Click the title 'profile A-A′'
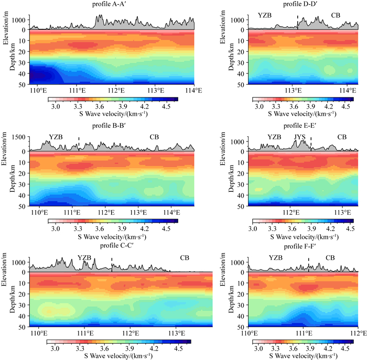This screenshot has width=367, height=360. (x=112, y=5)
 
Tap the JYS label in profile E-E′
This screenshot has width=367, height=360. (x=299, y=137)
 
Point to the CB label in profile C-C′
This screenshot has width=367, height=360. (x=185, y=258)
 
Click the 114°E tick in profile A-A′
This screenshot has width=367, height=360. (x=187, y=89)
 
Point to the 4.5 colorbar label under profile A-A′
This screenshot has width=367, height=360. (x=169, y=105)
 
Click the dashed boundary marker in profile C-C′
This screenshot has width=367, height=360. (x=112, y=264)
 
